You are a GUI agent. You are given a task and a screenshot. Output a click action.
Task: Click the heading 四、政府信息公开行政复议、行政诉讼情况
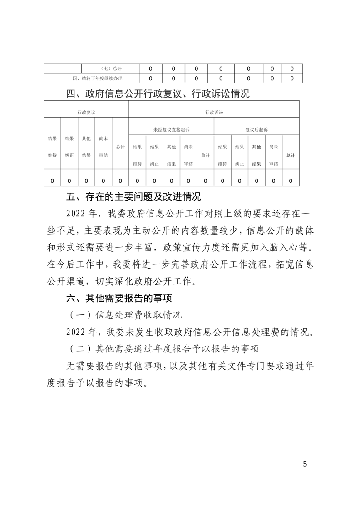tap(158, 94)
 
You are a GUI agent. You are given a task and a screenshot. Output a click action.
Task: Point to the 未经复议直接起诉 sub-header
tap(171, 129)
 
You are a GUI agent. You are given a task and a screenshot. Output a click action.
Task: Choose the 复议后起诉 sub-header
tap(256, 129)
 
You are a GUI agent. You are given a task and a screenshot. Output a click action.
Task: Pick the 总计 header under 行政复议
tap(120, 147)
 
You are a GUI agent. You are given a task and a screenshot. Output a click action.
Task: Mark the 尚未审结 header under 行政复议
tap(103, 147)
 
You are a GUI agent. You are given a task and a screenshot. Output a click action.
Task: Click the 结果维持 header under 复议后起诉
tap(222, 155)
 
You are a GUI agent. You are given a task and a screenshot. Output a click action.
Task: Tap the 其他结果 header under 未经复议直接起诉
tap(171, 155)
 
